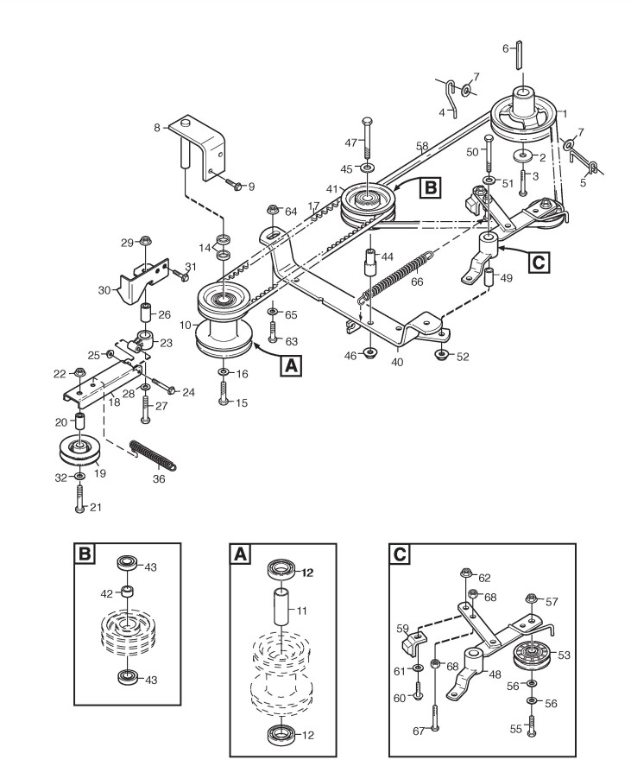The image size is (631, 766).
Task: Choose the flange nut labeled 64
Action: click(x=273, y=209)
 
